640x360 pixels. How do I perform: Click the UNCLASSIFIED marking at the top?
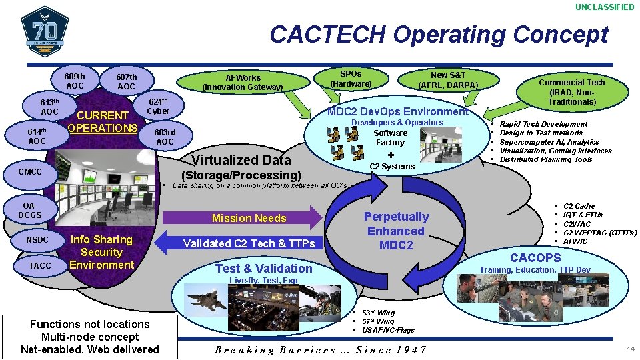604,7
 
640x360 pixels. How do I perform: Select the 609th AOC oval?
75,81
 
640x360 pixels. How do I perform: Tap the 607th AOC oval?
126,81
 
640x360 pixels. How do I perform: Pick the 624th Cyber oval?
158,106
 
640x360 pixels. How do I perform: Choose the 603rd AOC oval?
165,137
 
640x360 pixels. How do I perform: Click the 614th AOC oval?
37,136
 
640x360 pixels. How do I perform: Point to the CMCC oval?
30,172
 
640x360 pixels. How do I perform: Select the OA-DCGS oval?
30,211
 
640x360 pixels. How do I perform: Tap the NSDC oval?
37,239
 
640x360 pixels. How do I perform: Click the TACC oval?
40,265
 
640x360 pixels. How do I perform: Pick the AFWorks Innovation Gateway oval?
243,82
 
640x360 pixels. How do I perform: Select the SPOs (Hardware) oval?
351,79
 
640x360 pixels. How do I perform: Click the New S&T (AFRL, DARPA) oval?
448,80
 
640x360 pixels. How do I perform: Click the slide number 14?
631,349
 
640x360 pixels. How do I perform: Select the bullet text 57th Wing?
378,321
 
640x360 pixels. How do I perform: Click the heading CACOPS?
535,257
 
